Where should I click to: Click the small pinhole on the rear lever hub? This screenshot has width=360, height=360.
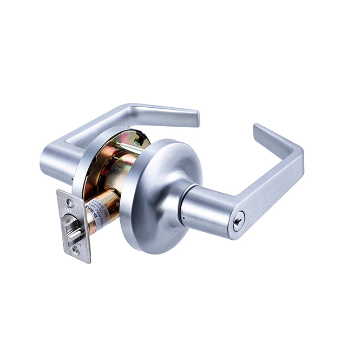72,179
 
